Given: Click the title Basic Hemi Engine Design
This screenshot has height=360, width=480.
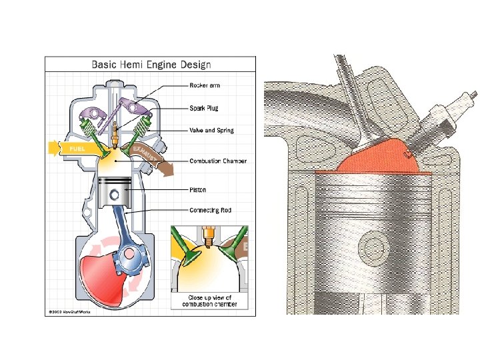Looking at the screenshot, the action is tap(151, 65).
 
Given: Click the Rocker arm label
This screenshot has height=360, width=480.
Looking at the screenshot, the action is tap(205, 85).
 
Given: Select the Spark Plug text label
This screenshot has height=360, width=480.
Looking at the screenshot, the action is tap(204, 108).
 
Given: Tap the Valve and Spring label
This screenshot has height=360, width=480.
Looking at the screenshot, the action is tap(212, 130).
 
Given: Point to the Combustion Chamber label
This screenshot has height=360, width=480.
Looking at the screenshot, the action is tap(218, 161).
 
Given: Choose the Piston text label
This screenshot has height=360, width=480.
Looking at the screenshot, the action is tap(198, 189).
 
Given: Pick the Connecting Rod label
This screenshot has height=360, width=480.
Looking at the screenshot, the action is tap(210, 211).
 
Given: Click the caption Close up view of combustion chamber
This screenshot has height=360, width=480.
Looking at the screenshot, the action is tap(210, 301).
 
